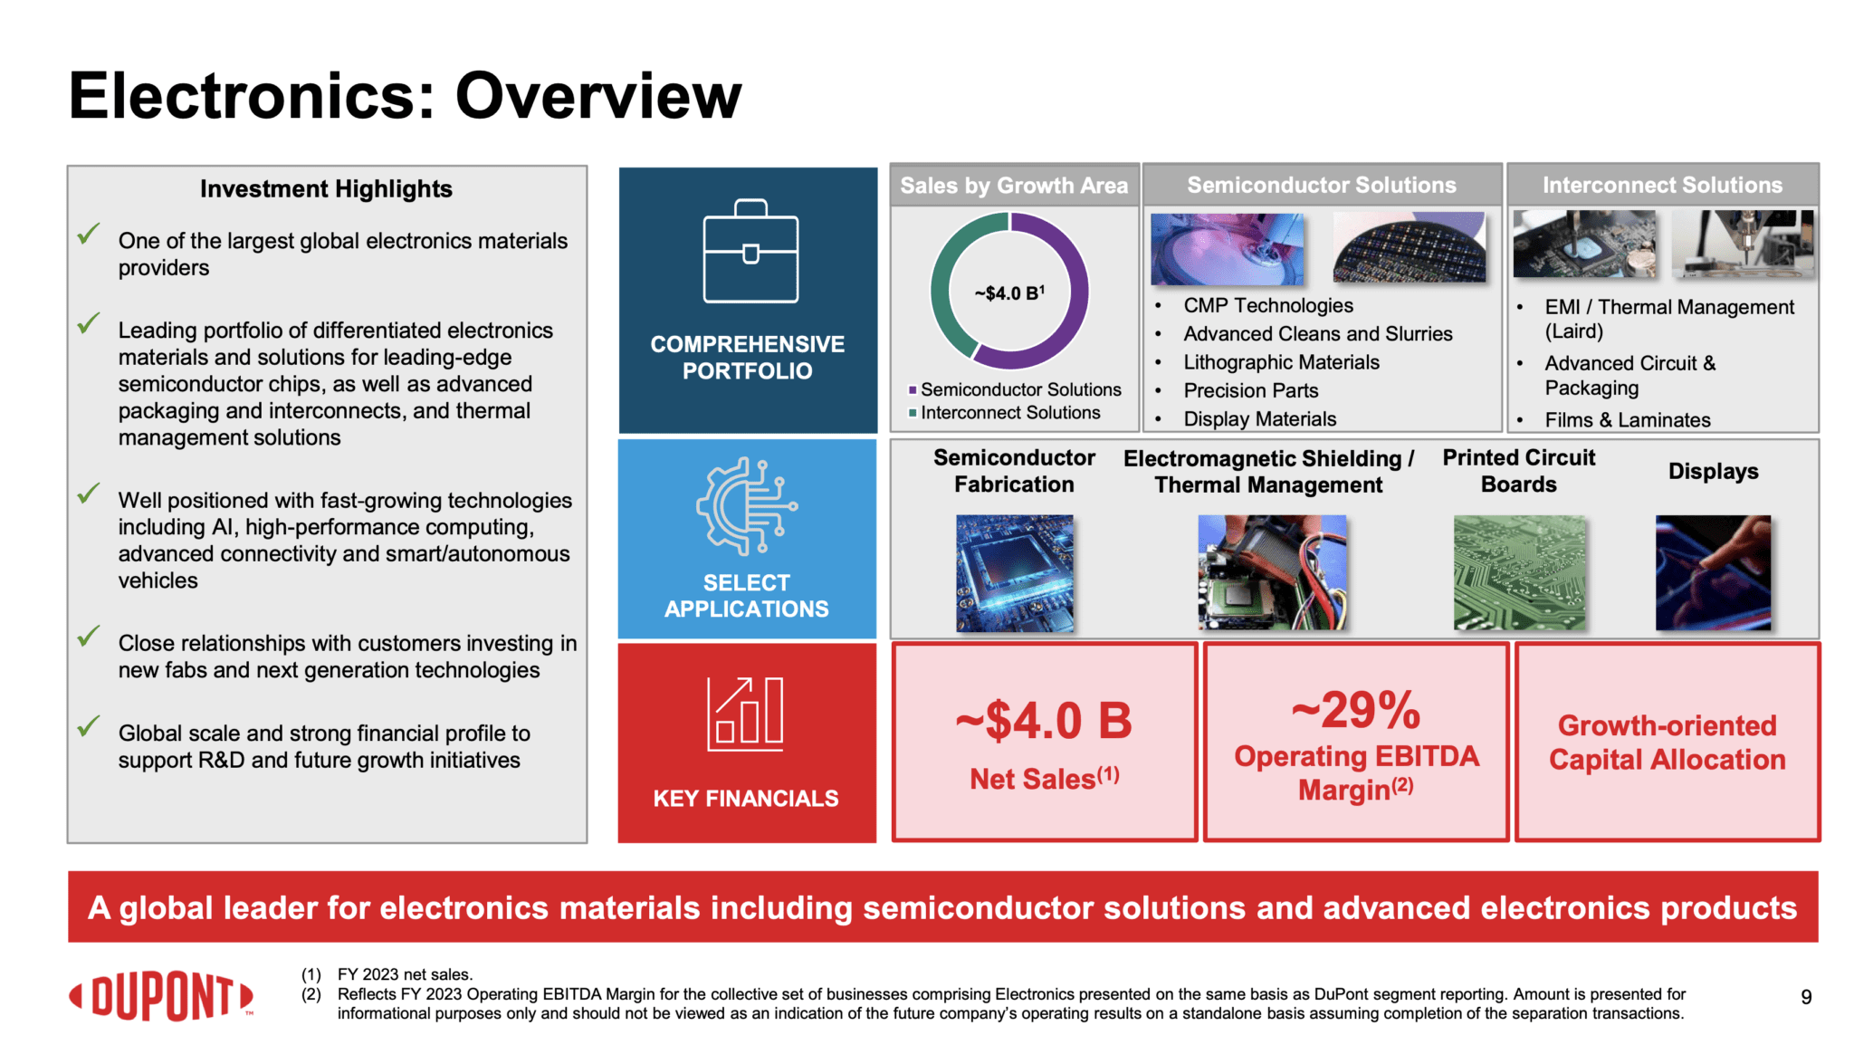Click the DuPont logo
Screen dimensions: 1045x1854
(x=161, y=996)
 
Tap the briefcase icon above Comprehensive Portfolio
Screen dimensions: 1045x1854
(x=750, y=252)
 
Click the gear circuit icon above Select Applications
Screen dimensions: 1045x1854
(x=746, y=506)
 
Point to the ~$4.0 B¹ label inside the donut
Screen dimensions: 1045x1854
(x=1009, y=293)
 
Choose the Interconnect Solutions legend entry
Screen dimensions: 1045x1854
(x=1009, y=413)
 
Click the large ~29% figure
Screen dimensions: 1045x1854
(x=1355, y=710)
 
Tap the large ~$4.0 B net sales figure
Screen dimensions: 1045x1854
(x=1044, y=721)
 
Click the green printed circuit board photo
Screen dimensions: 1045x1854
(x=1519, y=572)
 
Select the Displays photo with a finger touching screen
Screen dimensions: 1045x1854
(x=1713, y=572)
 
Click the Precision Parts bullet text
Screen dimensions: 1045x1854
(x=1250, y=390)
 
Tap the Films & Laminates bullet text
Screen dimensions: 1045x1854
(x=1627, y=420)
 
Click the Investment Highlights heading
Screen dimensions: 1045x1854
(x=326, y=188)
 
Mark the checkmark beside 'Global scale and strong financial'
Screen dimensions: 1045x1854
(x=88, y=726)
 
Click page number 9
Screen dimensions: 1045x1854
(x=1805, y=997)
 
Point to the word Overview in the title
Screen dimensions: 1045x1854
(x=597, y=96)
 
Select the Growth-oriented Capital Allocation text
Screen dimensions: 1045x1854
(x=1667, y=743)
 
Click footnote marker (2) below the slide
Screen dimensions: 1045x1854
(x=311, y=994)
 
